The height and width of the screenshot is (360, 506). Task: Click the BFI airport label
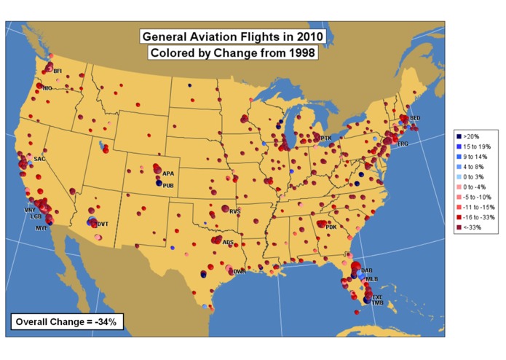pos(58,71)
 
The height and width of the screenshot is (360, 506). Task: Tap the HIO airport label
pos(47,88)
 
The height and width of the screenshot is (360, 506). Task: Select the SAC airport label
pos(39,159)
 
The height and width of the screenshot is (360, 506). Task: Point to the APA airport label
pos(168,173)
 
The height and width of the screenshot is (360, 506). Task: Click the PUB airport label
pos(168,186)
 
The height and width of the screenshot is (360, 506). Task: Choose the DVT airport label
pos(103,224)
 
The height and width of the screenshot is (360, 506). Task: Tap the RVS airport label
pos(234,211)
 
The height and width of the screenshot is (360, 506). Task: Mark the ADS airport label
pos(229,242)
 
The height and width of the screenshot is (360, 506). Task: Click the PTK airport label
pos(326,138)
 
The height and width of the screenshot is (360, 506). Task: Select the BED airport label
pos(415,118)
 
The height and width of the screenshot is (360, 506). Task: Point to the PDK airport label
pos(331,227)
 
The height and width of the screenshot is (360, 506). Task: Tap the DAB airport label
pos(366,270)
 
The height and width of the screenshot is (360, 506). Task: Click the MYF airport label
pos(41,228)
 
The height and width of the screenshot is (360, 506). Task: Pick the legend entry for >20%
pos(472,136)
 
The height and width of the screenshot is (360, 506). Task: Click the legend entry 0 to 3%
pos(474,177)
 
